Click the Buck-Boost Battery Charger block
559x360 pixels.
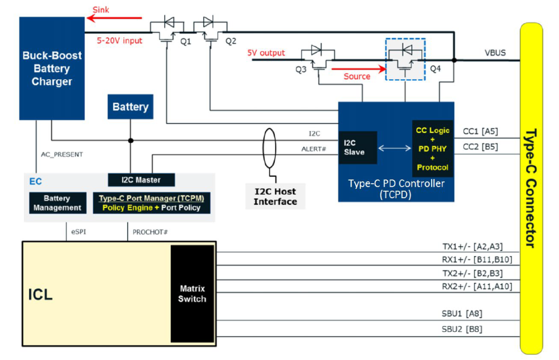tap(52, 68)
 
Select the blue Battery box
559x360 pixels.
tap(130, 107)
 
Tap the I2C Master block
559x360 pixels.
tap(141, 180)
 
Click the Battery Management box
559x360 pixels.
tap(57, 203)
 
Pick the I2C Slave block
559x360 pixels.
tap(358, 147)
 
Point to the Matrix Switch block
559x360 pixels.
tap(192, 294)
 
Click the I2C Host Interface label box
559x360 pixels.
tap(275, 197)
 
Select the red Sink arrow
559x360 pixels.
tap(114, 18)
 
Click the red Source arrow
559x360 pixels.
tap(359, 69)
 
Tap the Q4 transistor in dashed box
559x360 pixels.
tap(405, 59)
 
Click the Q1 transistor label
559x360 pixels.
tap(186, 42)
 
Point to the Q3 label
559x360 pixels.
tap(301, 69)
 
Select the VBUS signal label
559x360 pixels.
tap(495, 53)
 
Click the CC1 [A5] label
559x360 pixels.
tap(480, 131)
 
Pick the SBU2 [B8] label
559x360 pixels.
tap(462, 329)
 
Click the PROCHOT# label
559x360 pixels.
tap(150, 232)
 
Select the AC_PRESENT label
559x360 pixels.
tap(62, 154)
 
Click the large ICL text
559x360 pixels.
tap(40, 295)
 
